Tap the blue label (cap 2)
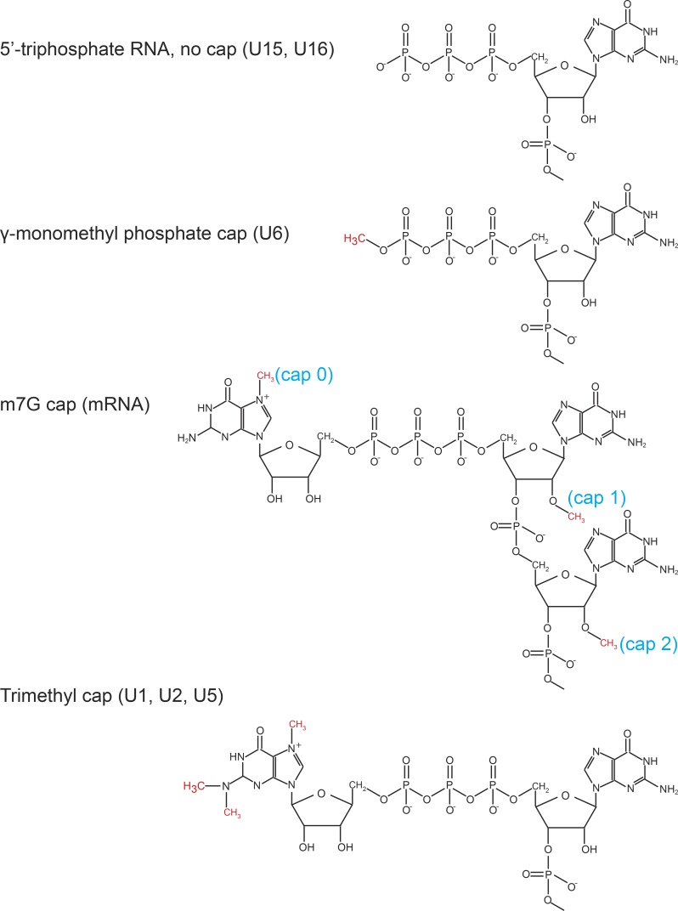(648, 643)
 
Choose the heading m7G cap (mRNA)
(76, 405)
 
